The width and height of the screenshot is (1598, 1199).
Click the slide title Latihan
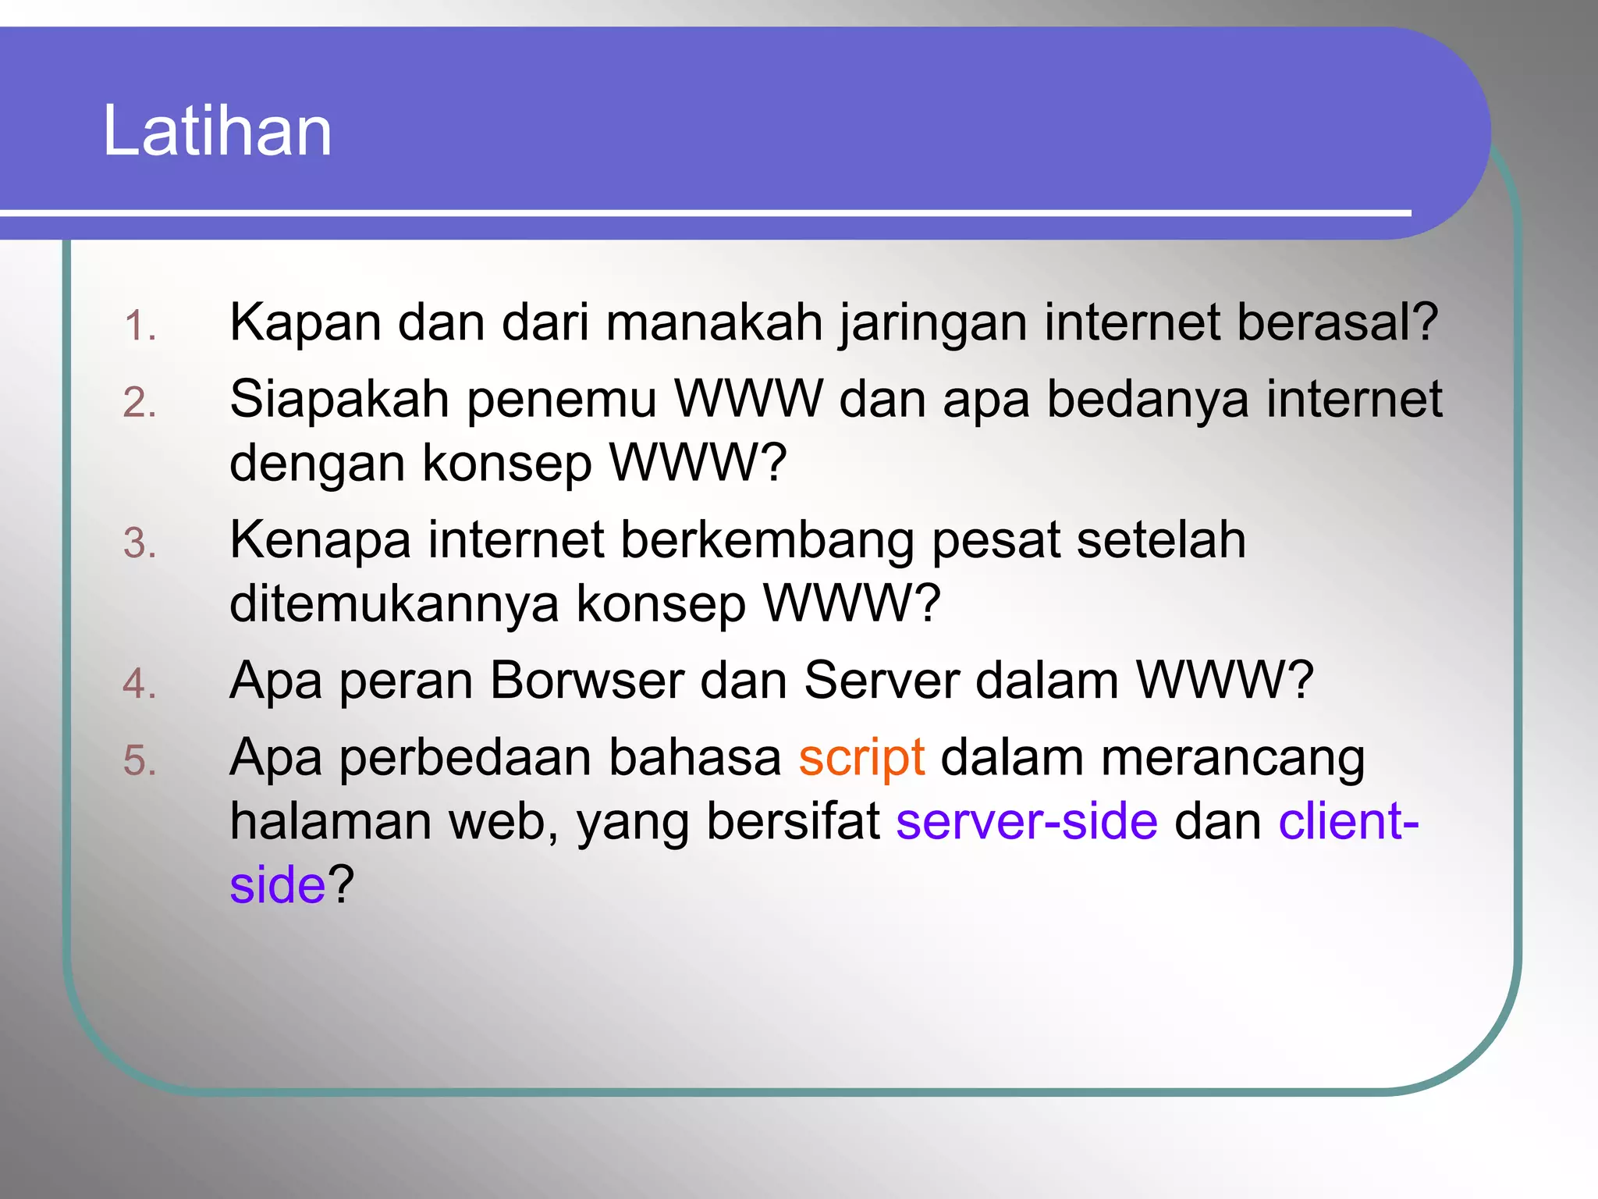tap(217, 130)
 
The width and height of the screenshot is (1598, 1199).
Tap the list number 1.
tap(140, 326)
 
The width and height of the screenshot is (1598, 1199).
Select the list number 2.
tap(140, 403)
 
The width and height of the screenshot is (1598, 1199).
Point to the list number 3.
tap(140, 543)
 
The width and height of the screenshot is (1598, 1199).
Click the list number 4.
tap(140, 684)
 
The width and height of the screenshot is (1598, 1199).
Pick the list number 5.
tap(140, 760)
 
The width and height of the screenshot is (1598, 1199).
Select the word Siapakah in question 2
tap(339, 400)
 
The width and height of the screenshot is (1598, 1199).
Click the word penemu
tap(562, 400)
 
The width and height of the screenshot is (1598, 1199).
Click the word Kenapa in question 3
tap(320, 540)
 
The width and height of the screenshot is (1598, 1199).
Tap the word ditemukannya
tap(394, 603)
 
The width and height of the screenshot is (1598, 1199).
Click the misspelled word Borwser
tap(587, 681)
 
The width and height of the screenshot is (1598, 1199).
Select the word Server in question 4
tap(881, 681)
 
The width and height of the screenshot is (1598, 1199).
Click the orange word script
tap(862, 758)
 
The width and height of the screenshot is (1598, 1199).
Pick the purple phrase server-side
tap(1027, 821)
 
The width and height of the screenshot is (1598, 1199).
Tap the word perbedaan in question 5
tap(465, 758)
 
